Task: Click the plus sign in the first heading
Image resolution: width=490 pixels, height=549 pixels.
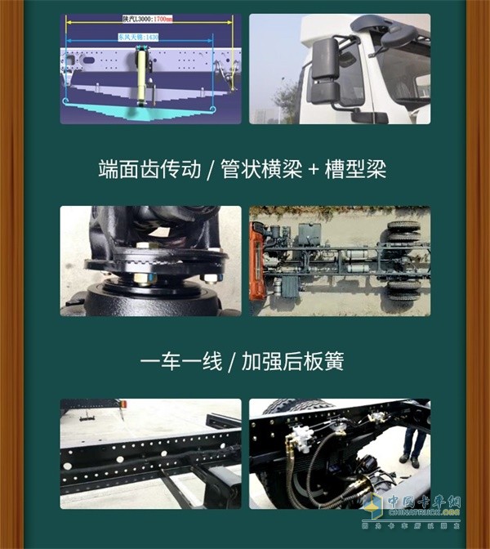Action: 310,171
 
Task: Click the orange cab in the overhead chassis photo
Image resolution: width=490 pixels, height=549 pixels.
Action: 256,260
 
